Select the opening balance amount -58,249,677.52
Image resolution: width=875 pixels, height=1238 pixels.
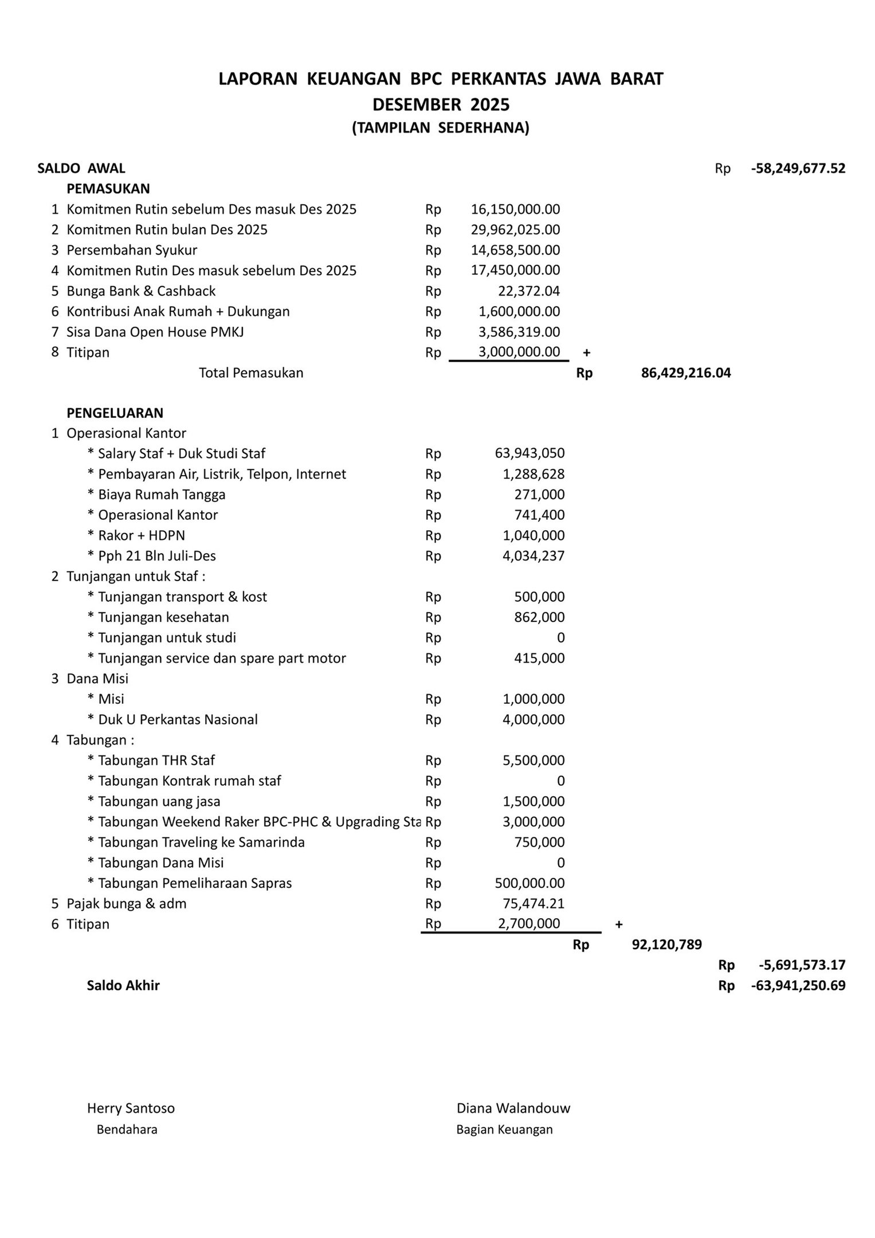click(798, 169)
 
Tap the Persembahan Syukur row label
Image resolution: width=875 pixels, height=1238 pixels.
click(132, 250)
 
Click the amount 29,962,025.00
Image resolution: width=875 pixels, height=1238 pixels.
click(515, 230)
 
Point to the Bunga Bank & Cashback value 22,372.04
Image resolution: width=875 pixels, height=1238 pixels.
click(528, 291)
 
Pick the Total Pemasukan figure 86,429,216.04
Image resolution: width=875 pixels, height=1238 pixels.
click(685, 373)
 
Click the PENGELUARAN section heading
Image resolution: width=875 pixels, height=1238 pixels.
click(115, 413)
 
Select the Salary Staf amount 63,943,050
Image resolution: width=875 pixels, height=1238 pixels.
click(529, 453)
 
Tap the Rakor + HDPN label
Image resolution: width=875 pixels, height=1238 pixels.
click(142, 535)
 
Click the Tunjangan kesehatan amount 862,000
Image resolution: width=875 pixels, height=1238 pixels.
click(539, 617)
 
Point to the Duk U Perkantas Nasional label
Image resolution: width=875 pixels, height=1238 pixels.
click(178, 719)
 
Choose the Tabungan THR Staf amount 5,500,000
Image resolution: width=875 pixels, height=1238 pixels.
click(533, 761)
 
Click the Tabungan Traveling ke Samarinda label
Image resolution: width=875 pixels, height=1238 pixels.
click(201, 843)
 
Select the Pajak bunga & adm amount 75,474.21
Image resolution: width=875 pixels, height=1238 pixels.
click(533, 904)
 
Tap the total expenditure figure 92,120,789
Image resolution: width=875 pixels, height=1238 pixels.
click(666, 945)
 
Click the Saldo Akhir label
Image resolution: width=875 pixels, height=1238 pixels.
click(123, 986)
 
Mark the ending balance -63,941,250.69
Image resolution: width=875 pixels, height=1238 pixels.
click(798, 986)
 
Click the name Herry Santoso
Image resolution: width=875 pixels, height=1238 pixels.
click(131, 1108)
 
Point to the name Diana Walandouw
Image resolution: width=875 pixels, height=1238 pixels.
click(513, 1108)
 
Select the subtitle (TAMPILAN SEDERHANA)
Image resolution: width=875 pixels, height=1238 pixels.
click(440, 128)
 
